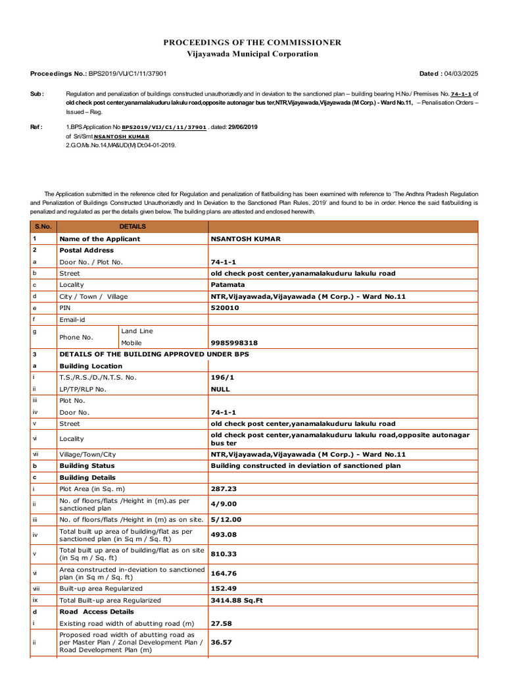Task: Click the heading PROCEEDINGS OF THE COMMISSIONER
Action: coord(252,43)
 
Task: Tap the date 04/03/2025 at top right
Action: coord(461,74)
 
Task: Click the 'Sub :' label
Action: coord(37,94)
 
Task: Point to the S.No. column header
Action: coord(43,226)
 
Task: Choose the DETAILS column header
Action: coord(132,226)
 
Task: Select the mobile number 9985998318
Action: coord(234,343)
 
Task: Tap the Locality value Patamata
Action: coord(228,285)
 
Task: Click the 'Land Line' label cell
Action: coord(137,331)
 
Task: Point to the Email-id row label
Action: coord(73,319)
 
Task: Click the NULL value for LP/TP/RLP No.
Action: coord(221,389)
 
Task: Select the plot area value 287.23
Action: coord(224,489)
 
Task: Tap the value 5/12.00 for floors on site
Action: coord(226,519)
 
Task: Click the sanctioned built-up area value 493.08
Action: coord(224,535)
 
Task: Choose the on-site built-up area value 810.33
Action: coord(224,554)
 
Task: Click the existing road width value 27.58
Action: coord(221,623)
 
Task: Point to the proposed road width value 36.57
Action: coord(221,642)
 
